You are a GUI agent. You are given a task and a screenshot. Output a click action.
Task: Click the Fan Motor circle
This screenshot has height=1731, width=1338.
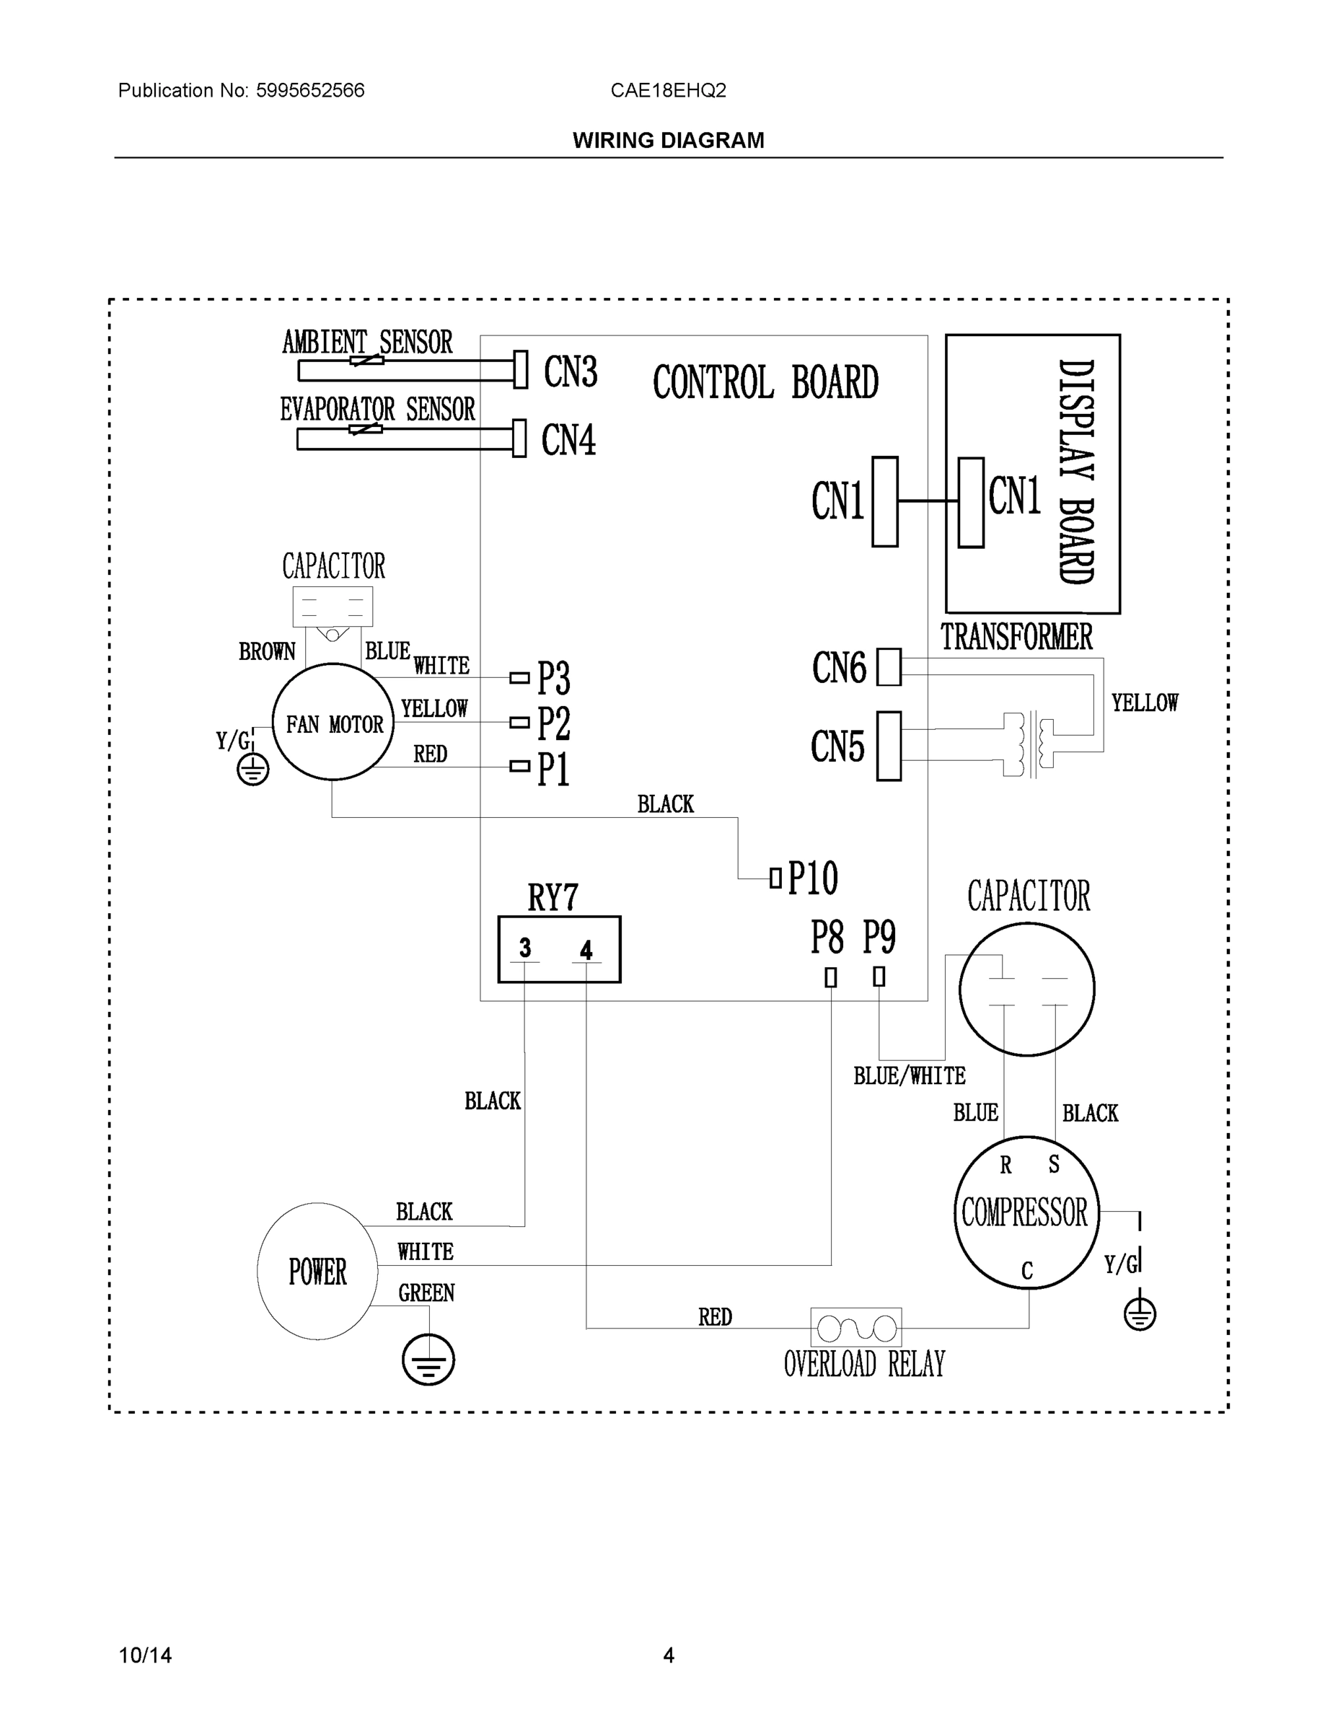pyautogui.click(x=333, y=722)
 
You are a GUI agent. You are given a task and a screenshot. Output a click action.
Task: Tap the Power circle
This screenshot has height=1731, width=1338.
pyautogui.click(x=317, y=1272)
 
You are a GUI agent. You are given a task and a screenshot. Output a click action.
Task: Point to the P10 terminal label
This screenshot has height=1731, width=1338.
pyautogui.click(x=812, y=878)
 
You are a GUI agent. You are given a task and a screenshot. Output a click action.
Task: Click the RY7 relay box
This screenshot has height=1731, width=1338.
pyautogui.click(x=559, y=949)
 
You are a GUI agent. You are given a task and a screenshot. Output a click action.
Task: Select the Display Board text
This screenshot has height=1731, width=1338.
pyautogui.click(x=1076, y=472)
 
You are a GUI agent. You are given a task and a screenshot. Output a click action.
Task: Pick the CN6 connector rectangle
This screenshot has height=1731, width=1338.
pyautogui.click(x=889, y=667)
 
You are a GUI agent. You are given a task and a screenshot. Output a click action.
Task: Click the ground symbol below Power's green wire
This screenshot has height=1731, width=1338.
pyautogui.click(x=428, y=1360)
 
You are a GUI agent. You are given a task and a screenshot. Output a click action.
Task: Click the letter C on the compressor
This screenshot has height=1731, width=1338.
pyautogui.click(x=1027, y=1271)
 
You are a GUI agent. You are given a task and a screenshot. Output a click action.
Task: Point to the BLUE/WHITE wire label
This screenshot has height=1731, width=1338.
pyautogui.click(x=909, y=1075)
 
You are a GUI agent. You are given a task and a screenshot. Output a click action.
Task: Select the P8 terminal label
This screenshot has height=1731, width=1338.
pyautogui.click(x=827, y=938)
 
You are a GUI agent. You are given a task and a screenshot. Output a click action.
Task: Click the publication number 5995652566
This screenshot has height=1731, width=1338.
pyautogui.click(x=310, y=90)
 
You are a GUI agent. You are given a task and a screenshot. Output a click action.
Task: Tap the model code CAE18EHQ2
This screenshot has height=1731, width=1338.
pyautogui.click(x=668, y=90)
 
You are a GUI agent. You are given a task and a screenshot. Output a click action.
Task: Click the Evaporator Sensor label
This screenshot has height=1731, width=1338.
pyautogui.click(x=377, y=410)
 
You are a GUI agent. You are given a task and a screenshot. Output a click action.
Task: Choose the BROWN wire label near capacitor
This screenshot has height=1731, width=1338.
pyautogui.click(x=267, y=651)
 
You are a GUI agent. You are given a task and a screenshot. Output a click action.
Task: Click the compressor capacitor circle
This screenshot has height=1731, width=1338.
pyautogui.click(x=1026, y=989)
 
